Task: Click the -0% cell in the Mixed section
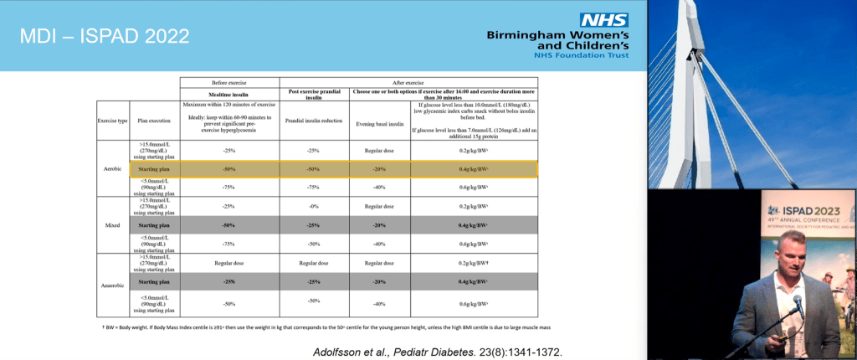pos(312,206)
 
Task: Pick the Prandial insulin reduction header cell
pos(312,121)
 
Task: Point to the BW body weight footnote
pos(331,326)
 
